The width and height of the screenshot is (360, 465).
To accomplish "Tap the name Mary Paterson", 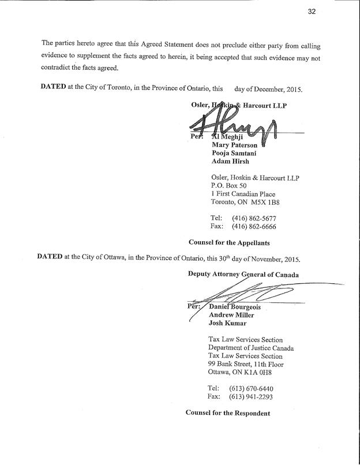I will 237,145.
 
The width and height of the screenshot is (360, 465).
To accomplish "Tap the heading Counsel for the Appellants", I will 229,242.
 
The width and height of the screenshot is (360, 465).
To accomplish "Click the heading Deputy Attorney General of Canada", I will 243,274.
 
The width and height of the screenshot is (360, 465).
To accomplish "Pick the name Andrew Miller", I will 231,315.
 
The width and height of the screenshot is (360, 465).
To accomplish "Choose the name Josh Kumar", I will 228,323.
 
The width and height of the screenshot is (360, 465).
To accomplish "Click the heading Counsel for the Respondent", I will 228,412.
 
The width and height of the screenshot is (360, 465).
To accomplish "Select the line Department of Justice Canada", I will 251,348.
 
